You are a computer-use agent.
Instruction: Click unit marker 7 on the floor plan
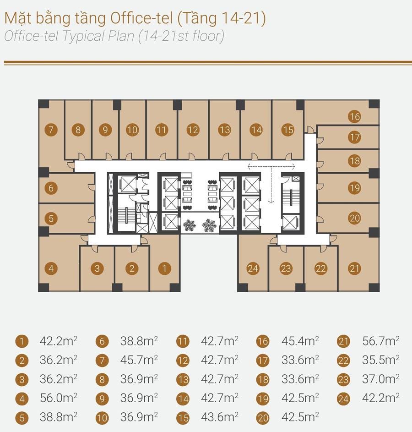[51, 130]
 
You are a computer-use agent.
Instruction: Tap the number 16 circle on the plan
[354, 116]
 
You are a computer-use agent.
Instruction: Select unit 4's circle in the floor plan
[51, 268]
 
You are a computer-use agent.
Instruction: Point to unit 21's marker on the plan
[354, 268]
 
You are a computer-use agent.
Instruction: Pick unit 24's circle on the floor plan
[253, 268]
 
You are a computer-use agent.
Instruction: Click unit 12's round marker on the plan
[193, 130]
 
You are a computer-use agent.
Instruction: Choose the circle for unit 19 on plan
[354, 187]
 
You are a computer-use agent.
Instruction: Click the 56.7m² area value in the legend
[381, 341]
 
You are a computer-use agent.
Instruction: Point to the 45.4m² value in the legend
[300, 341]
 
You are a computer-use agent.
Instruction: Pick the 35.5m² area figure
[381, 360]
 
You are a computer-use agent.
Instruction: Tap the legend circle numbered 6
[102, 342]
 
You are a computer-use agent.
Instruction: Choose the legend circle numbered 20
[263, 418]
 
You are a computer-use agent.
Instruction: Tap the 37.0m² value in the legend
[381, 379]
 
